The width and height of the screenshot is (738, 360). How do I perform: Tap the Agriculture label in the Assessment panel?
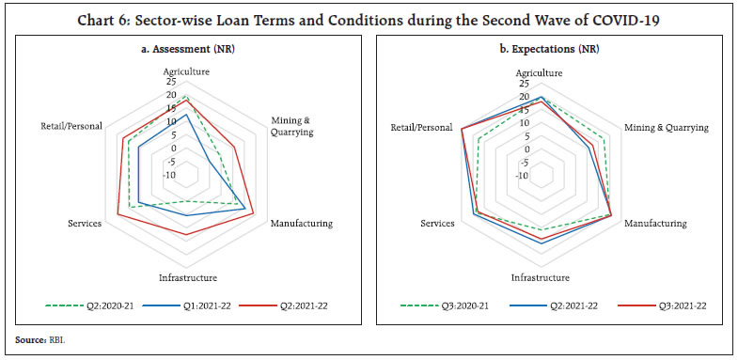186,71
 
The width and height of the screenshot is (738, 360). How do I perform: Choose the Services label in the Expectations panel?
437,224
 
